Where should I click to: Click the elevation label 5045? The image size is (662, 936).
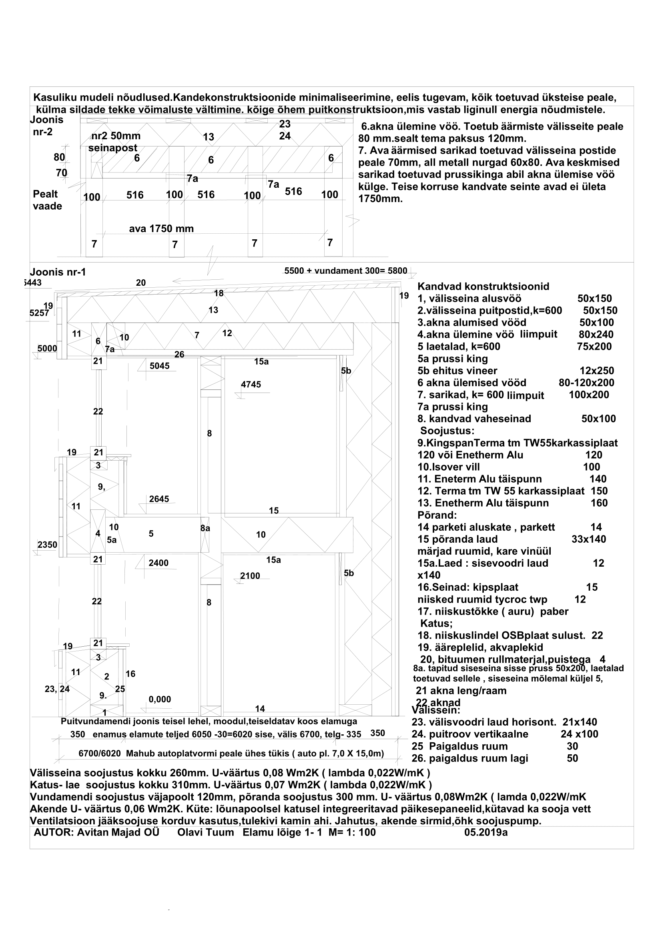pyautogui.click(x=159, y=366)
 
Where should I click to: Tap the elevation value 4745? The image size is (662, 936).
pyautogui.click(x=251, y=385)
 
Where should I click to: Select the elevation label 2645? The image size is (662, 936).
pyautogui.click(x=159, y=499)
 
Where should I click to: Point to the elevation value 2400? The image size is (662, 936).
pyautogui.click(x=158, y=563)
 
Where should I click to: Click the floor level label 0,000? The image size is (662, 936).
pyautogui.click(x=160, y=699)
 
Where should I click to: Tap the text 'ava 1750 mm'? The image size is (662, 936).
pyautogui.click(x=161, y=229)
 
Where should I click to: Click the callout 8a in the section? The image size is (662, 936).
pyautogui.click(x=205, y=528)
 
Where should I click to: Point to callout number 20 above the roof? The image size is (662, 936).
pyautogui.click(x=140, y=283)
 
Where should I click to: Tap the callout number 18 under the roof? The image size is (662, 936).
pyautogui.click(x=219, y=293)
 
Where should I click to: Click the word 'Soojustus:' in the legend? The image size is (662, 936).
pyautogui.click(x=447, y=431)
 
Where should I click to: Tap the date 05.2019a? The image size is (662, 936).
pyautogui.click(x=486, y=832)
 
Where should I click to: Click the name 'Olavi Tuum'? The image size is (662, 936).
pyautogui.click(x=205, y=832)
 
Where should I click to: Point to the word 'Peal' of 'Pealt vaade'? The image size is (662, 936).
pyautogui.click(x=45, y=194)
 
